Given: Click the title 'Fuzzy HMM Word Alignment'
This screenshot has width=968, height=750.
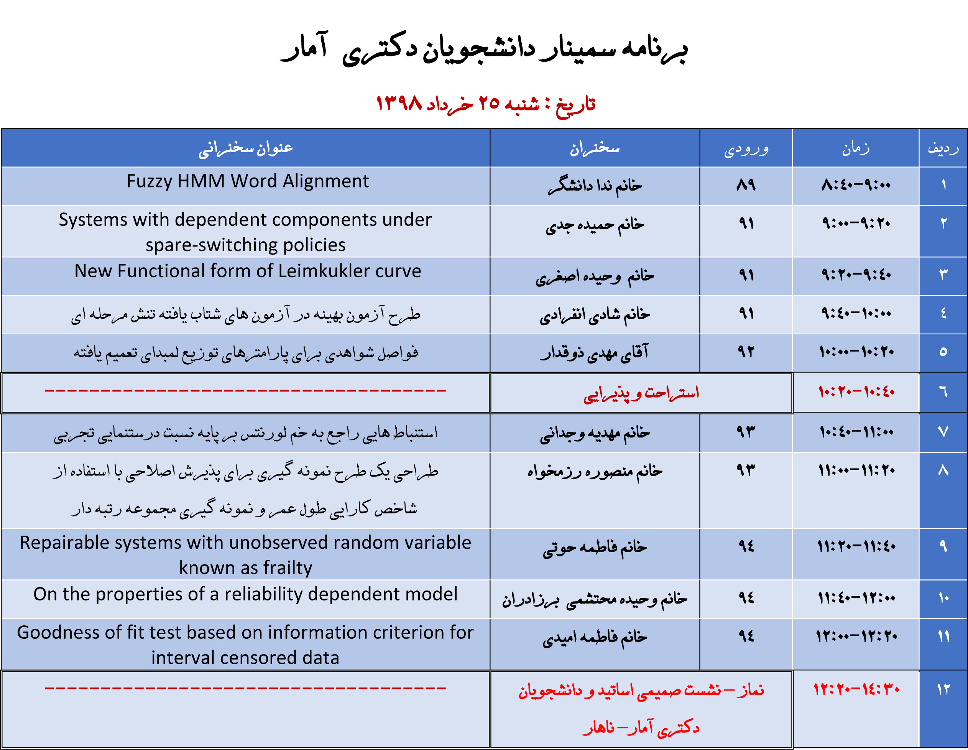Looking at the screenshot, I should (x=247, y=181).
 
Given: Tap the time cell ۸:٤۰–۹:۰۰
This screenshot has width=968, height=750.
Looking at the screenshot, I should (x=855, y=184).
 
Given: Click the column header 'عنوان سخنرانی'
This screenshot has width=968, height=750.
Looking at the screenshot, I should (x=245, y=148).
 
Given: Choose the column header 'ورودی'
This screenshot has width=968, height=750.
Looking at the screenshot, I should (x=746, y=148).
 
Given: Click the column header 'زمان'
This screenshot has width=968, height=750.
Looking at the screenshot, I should (x=856, y=148).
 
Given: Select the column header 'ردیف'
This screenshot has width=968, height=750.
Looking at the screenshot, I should (x=943, y=148).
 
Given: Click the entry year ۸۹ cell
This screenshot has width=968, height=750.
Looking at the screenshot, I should (x=746, y=184).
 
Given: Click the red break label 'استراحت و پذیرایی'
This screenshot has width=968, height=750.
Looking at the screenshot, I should (x=641, y=393).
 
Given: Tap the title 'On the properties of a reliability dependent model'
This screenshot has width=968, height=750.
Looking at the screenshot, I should (x=245, y=594).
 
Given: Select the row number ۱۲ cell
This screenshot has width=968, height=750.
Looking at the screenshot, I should (x=943, y=689).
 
